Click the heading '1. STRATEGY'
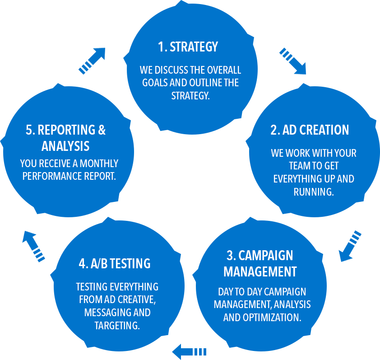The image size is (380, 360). [x=188, y=47]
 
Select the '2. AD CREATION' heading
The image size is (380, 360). [x=310, y=130]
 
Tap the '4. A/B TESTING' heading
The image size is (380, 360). [x=115, y=264]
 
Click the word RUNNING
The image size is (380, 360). [x=313, y=192]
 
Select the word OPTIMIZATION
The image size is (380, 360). [x=271, y=317]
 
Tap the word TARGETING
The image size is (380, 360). [x=117, y=326]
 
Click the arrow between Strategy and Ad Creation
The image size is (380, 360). [x=293, y=61]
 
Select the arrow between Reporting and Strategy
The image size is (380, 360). [x=92, y=59]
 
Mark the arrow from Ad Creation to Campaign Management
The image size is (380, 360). [x=350, y=246]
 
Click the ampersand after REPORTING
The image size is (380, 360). [x=102, y=130]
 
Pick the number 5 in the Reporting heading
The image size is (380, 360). [x=30, y=130]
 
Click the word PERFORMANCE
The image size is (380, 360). [x=47, y=176]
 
